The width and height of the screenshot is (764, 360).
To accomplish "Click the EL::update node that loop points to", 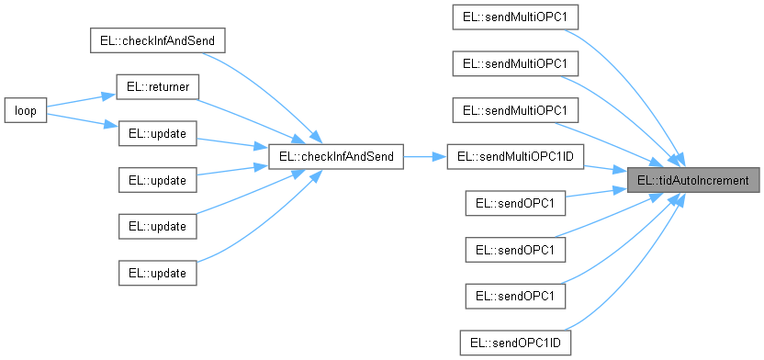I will coord(157,133).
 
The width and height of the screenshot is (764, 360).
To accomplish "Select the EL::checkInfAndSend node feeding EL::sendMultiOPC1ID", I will coord(334,156).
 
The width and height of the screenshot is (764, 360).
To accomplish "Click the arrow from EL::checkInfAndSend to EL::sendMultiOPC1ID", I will coord(424,156).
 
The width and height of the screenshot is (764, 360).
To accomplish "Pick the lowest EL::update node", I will coord(157,273).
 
